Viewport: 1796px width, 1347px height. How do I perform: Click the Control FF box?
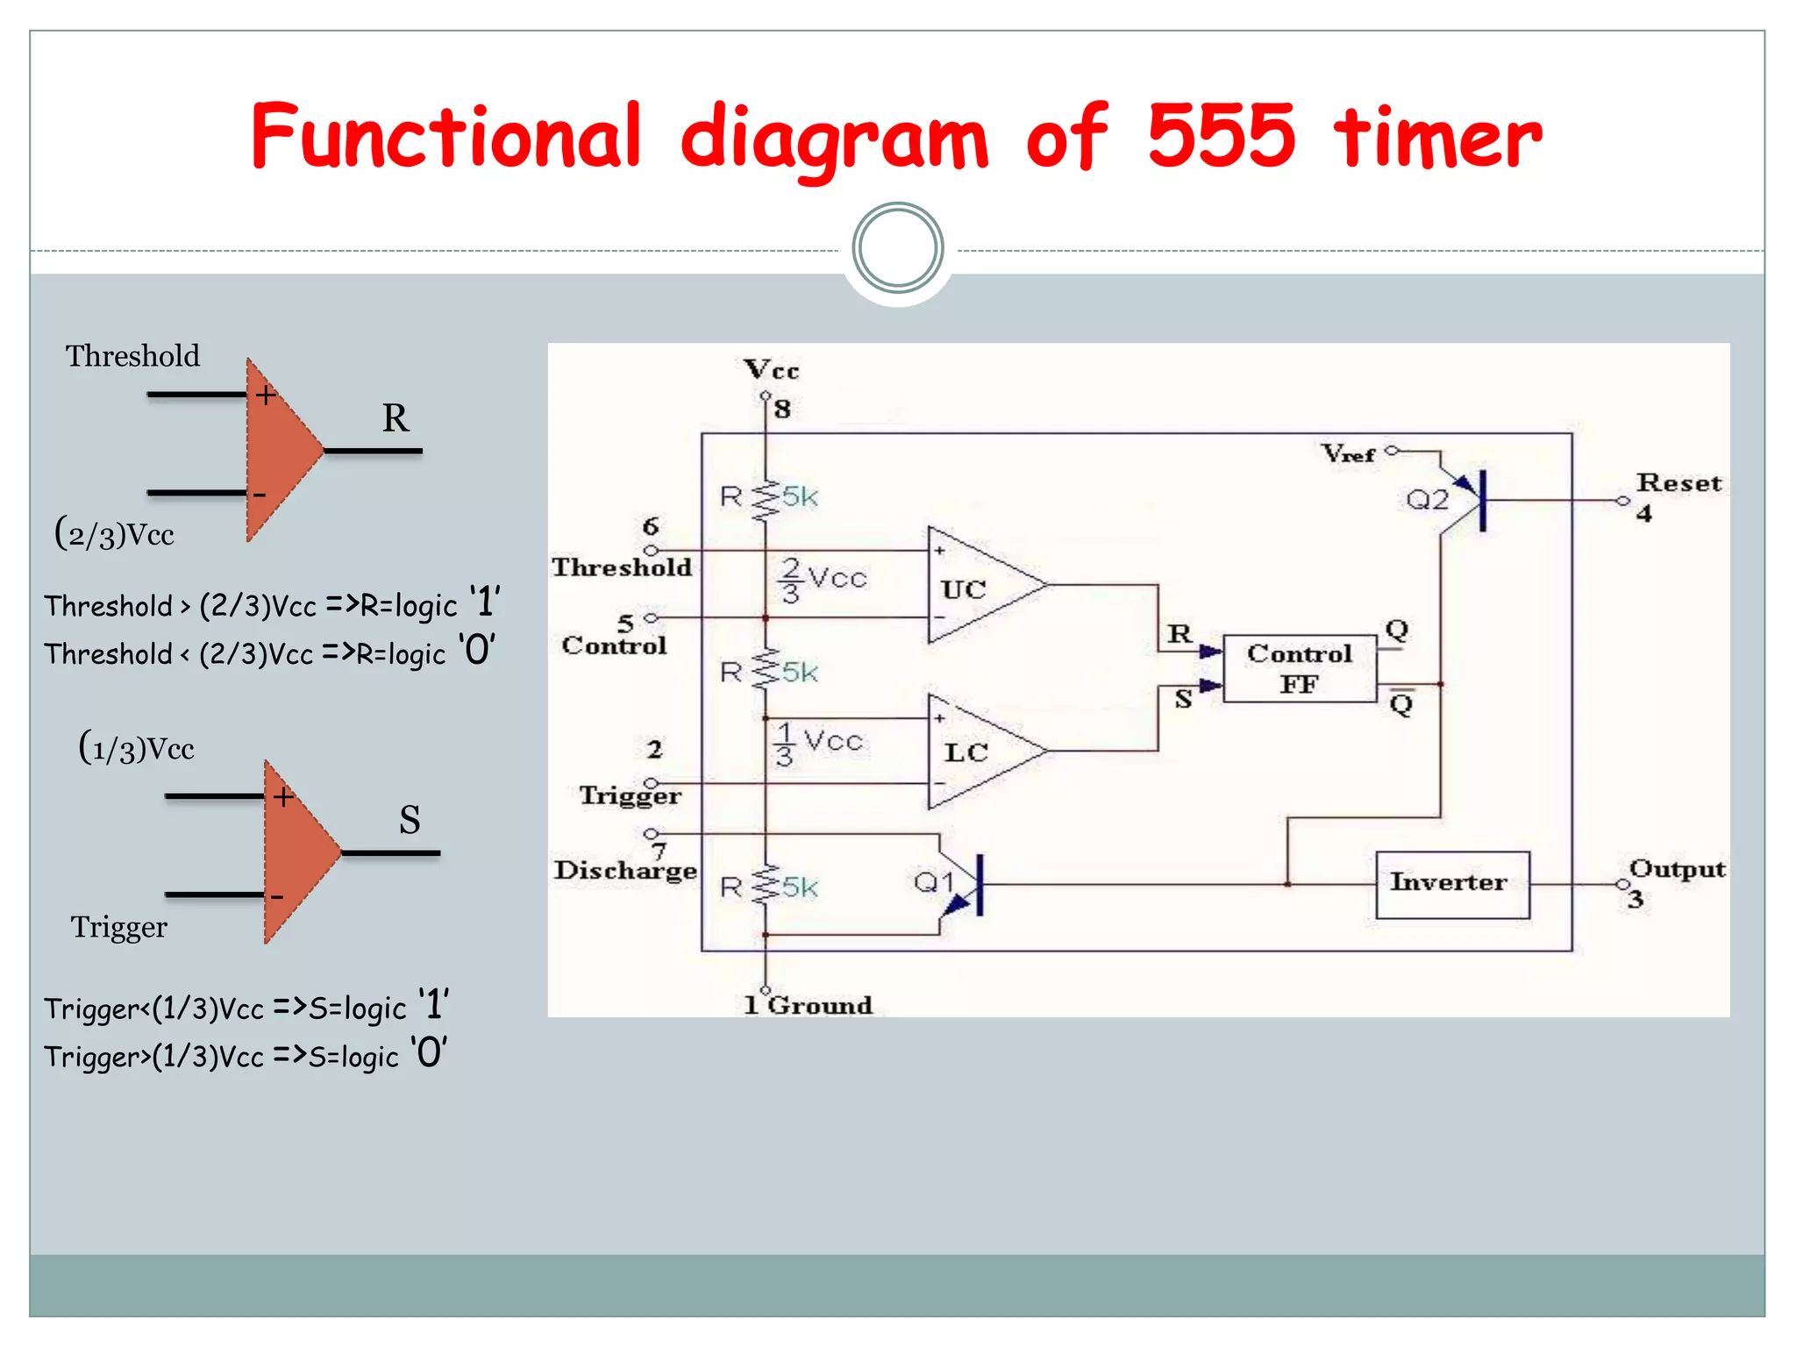pos(1299,668)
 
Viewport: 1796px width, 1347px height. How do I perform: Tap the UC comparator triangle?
pos(978,586)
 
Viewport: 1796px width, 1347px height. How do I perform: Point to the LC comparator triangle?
pos(978,752)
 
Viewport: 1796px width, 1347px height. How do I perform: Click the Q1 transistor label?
pos(933,881)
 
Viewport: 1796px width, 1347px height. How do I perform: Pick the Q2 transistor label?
pos(1427,500)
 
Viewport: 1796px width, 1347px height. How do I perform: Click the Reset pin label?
pos(1678,483)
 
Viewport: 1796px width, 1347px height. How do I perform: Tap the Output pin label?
pos(1677,869)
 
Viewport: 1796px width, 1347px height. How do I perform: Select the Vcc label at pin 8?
pos(771,370)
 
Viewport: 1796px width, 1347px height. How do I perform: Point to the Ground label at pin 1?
pos(820,1005)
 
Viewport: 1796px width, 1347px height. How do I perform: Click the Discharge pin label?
pos(625,870)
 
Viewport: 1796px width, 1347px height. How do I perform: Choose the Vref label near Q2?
pos(1348,453)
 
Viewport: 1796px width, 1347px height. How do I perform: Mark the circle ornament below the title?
pos(897,248)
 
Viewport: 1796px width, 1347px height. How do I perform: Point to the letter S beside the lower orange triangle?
pos(410,820)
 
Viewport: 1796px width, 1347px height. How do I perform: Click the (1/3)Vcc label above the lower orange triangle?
pos(137,748)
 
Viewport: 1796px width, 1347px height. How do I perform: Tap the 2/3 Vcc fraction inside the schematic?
pos(822,579)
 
